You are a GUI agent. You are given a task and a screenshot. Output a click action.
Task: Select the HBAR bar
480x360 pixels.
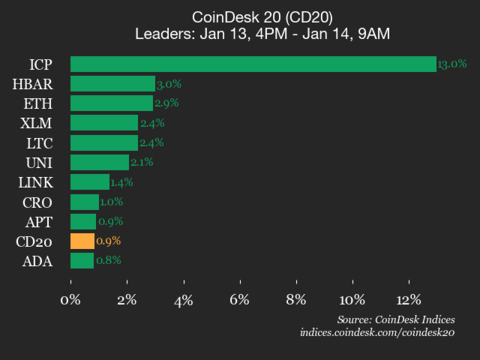(112, 84)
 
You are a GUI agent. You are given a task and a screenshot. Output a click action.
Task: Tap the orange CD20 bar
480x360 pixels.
(82, 241)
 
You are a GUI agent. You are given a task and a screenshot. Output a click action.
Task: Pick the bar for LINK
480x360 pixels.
(89, 182)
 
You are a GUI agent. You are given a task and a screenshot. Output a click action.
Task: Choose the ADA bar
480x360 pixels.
(81, 261)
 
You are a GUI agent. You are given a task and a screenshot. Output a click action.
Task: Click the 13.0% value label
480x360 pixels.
(451, 65)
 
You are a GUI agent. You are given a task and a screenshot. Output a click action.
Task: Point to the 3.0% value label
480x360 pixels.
(168, 84)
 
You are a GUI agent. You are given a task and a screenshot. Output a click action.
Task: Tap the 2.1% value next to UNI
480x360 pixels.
(143, 163)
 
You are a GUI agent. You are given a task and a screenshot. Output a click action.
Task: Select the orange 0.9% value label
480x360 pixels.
(108, 241)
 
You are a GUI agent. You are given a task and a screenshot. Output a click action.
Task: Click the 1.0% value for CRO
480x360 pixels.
(112, 202)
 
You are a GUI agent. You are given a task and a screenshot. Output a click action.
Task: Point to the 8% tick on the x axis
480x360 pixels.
(296, 300)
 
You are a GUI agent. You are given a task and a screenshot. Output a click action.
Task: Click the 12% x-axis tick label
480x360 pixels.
(408, 300)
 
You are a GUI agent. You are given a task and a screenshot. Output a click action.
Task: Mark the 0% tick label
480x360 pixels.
(71, 300)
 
